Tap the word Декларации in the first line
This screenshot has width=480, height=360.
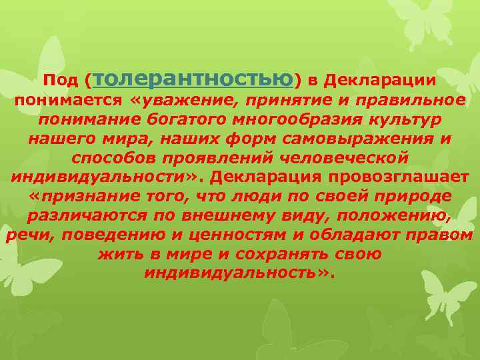[x=380, y=81]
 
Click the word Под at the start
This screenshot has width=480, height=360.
[x=59, y=81]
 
